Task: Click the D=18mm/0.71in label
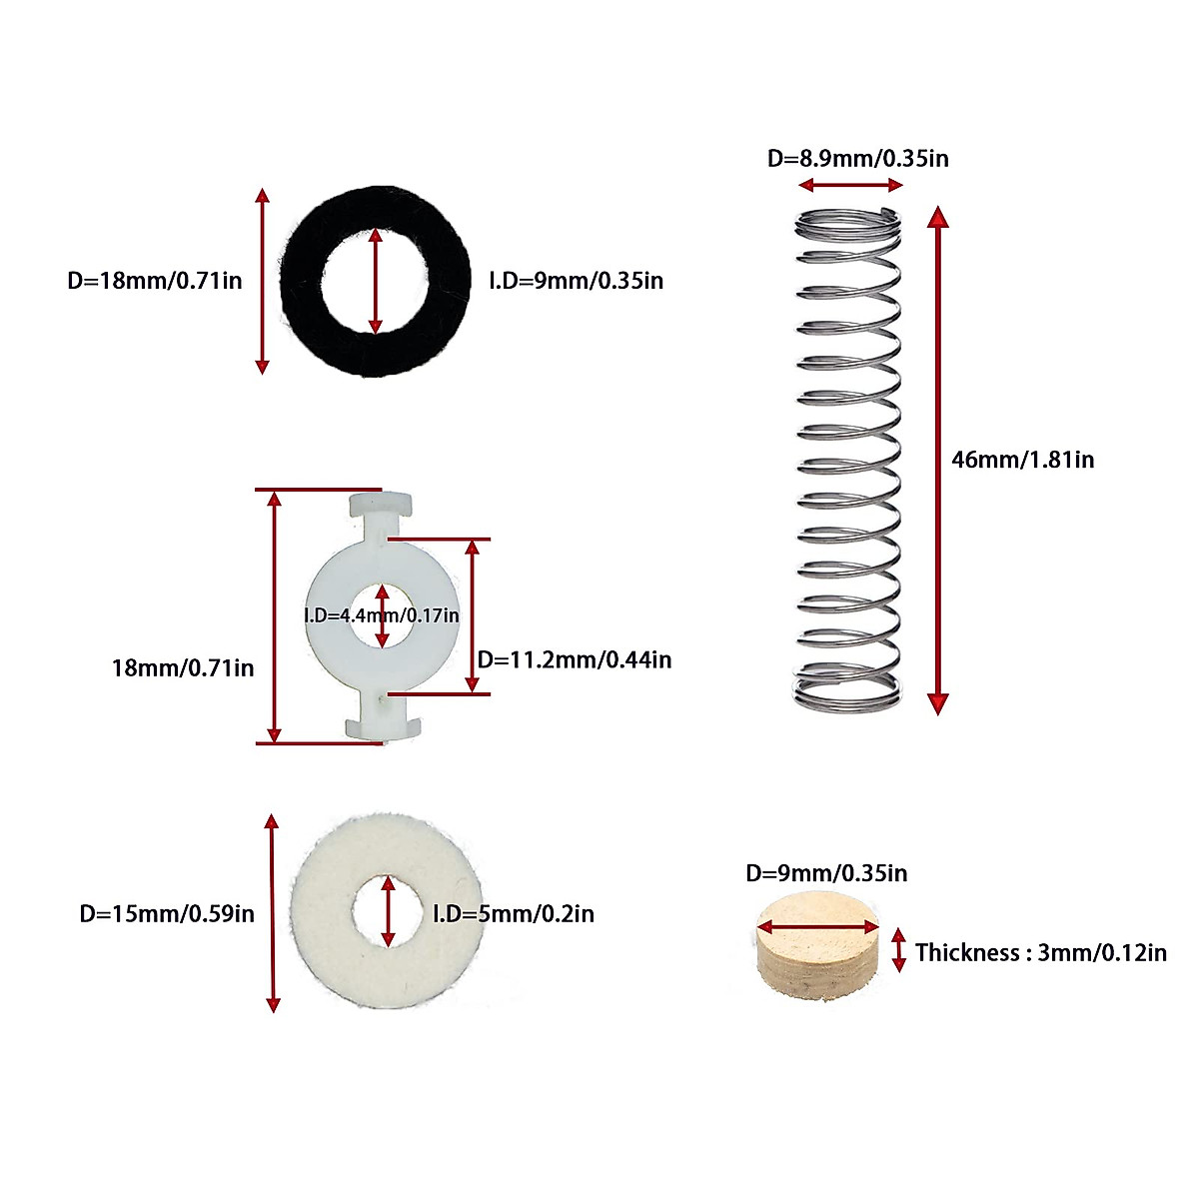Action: tap(154, 281)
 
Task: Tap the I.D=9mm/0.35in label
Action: tap(576, 281)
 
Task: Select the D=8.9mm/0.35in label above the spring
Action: tap(857, 158)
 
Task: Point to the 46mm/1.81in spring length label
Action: tap(1022, 460)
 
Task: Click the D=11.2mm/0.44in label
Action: tap(575, 659)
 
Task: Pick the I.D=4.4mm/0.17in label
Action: tap(381, 615)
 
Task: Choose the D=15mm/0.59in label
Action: tap(167, 913)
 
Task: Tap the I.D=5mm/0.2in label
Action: tap(514, 913)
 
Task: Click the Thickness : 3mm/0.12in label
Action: tap(1040, 952)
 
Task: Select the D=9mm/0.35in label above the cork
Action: tap(826, 873)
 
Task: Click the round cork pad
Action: tap(818, 945)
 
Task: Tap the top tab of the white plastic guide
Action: tap(380, 507)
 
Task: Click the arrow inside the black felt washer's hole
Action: tap(376, 281)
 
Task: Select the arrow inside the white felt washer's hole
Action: tap(388, 911)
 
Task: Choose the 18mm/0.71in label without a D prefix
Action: tap(183, 667)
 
